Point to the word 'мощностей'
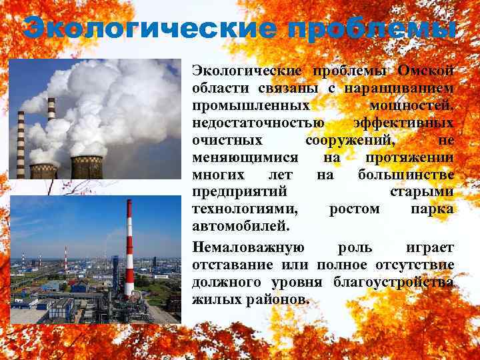point(411,105)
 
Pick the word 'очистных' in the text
point(227,140)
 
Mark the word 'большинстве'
point(406,175)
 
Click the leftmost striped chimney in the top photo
point(21,143)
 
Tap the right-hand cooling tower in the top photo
point(87,167)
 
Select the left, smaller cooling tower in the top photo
point(44,170)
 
